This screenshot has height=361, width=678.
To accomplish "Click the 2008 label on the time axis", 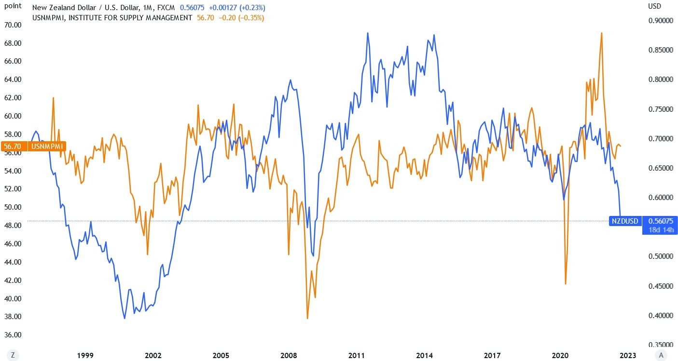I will click(289, 356).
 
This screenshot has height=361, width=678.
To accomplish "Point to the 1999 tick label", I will click(85, 356).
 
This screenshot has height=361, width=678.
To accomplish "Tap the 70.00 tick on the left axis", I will click(13, 25).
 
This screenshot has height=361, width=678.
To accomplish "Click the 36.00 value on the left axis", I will click(13, 335).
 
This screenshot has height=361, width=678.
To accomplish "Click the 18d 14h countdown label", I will click(660, 229).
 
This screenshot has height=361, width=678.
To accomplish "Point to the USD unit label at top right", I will click(655, 6).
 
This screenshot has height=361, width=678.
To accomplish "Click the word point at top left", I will click(13, 6).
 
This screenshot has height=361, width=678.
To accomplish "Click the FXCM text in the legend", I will click(166, 8).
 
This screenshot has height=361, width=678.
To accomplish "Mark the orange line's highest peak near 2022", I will click(601, 33).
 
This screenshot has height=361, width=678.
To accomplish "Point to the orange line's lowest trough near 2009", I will click(307, 319).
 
